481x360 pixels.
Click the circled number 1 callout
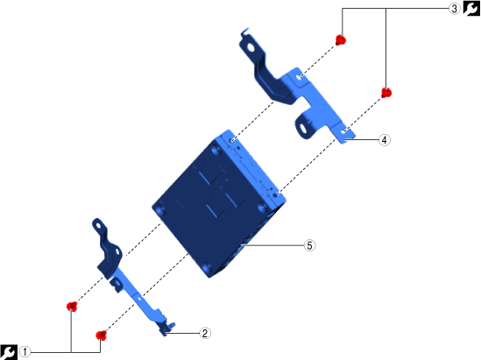(25, 352)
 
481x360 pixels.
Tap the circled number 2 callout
(205, 333)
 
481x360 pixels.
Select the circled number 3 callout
(455, 9)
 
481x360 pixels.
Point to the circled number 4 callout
(385, 140)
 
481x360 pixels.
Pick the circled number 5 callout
(309, 245)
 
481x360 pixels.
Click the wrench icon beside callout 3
(471, 8)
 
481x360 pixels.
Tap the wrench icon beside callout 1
(8, 352)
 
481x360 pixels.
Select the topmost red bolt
(341, 40)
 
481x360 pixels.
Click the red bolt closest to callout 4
(386, 93)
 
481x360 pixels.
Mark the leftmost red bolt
(72, 306)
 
